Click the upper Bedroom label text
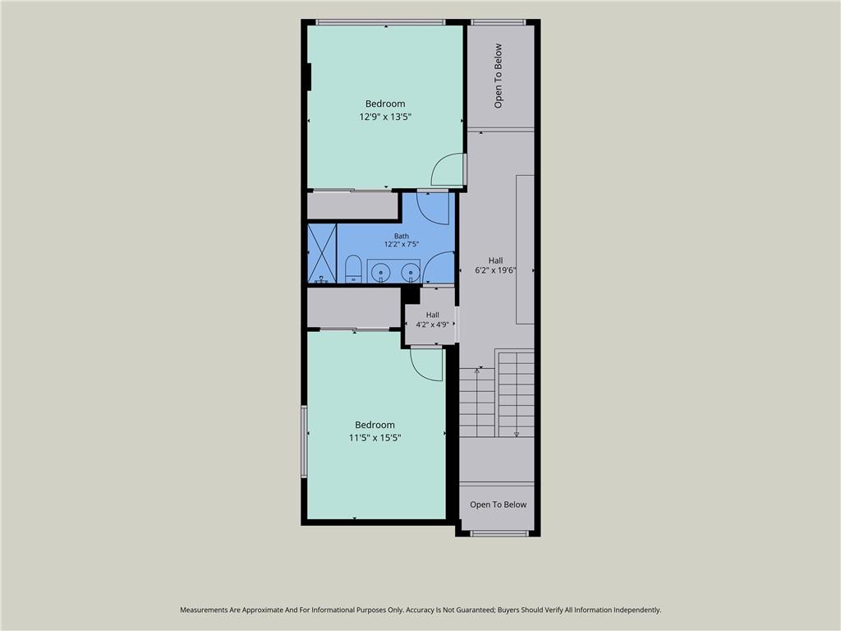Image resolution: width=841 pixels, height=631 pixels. pos(385,104)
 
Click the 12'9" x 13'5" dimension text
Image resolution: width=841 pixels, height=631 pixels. pos(385,117)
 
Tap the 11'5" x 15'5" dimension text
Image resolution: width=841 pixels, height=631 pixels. pos(375,437)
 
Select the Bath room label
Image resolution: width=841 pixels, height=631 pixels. pos(401,236)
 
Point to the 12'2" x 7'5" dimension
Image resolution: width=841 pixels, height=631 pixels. pos(401,244)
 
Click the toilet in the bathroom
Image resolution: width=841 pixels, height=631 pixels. pos(352,269)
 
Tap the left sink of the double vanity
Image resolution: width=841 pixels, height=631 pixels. pos(381,271)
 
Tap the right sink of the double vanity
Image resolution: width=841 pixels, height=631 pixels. pos(411,271)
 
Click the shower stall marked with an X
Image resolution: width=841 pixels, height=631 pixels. pos(322,253)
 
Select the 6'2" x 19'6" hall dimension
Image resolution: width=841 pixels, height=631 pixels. pos(495,270)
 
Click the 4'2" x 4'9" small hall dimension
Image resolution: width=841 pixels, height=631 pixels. pos(432,325)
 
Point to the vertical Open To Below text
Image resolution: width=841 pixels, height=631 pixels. pos(499,76)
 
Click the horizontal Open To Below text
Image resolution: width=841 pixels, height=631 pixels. pos(499,504)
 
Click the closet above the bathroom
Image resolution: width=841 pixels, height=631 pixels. pos(352,205)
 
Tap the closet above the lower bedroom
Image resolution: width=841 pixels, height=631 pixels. pos(354,307)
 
